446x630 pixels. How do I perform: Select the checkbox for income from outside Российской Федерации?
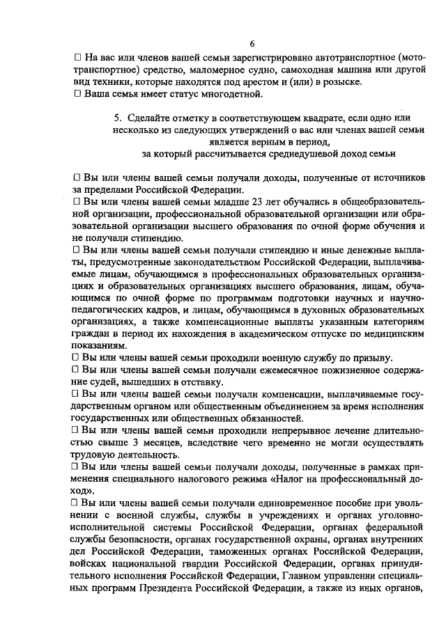(x=77, y=178)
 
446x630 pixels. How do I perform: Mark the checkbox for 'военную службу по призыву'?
(x=77, y=357)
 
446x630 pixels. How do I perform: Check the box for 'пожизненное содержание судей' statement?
(x=77, y=370)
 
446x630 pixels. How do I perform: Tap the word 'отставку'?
(x=201, y=382)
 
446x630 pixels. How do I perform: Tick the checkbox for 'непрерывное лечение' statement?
(x=77, y=431)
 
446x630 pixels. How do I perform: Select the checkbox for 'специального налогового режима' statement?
(x=77, y=467)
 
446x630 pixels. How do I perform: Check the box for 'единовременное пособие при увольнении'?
(x=77, y=503)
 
